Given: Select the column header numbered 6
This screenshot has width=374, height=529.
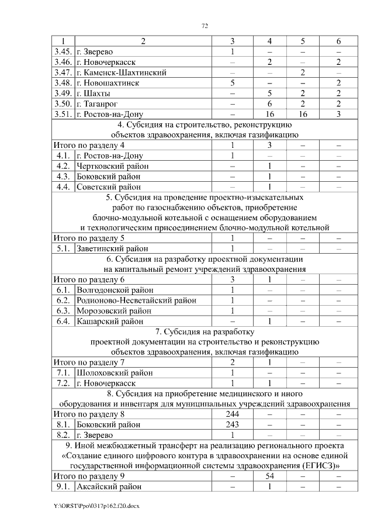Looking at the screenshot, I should [x=338, y=41].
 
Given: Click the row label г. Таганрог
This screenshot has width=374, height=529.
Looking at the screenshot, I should [x=101, y=103].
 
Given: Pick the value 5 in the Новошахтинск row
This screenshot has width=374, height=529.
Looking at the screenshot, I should [x=232, y=83].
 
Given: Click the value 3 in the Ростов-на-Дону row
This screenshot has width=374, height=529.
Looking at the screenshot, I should [x=338, y=114].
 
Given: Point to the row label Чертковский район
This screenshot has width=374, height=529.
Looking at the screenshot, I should [x=112, y=167].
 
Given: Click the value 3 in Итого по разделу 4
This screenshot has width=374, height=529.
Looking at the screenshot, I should [x=269, y=146].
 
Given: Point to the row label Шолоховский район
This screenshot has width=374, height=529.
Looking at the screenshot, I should [x=113, y=372].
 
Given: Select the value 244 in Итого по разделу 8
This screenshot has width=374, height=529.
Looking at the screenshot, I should [x=232, y=414].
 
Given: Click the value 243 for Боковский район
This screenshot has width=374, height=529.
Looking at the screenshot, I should [x=232, y=424].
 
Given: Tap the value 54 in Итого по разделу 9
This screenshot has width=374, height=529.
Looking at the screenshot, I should [x=269, y=476].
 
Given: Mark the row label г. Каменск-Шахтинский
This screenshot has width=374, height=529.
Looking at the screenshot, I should [x=122, y=72].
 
